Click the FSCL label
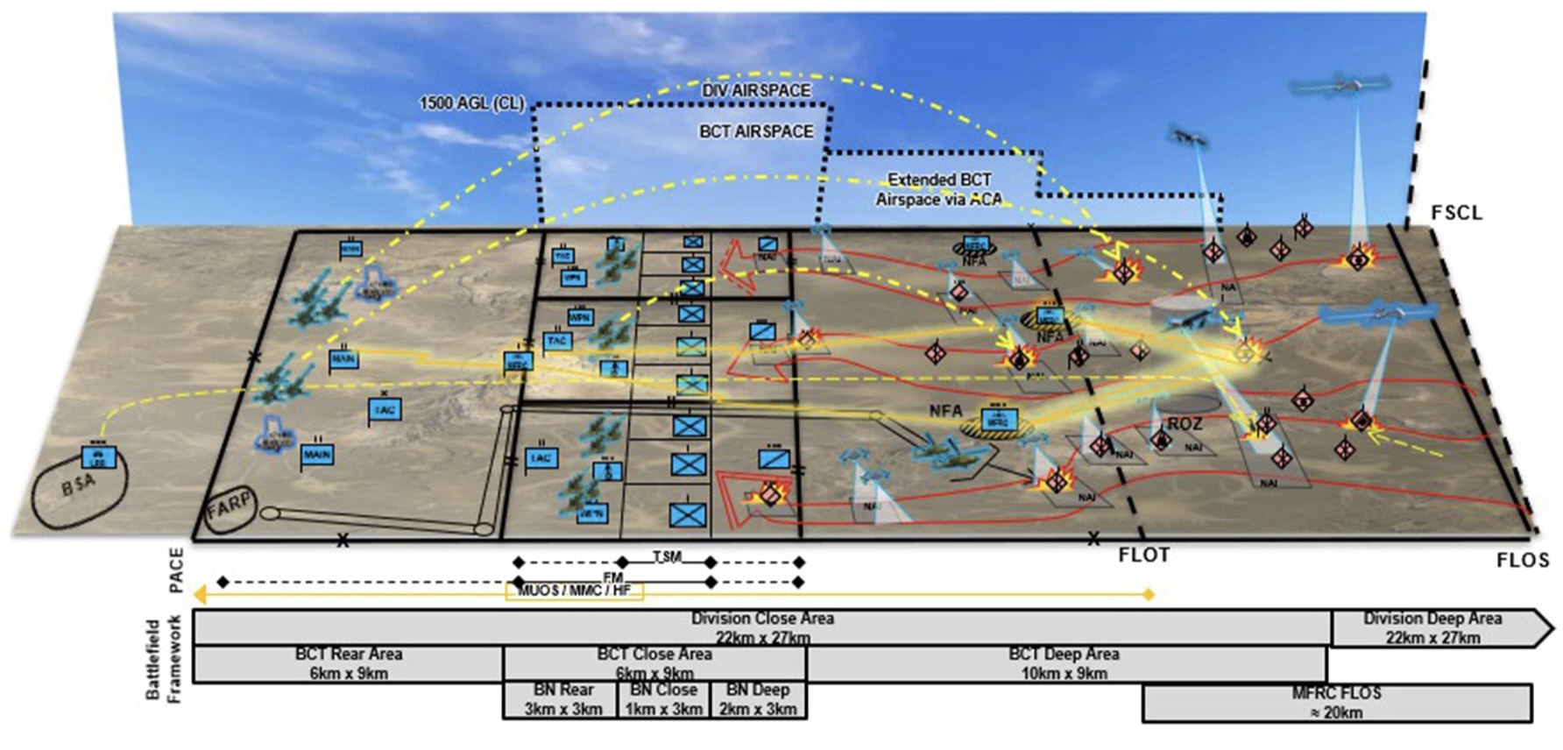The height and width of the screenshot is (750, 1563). click(1456, 213)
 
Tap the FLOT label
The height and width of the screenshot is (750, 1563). click(1143, 555)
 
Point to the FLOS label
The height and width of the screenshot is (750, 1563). click(1523, 560)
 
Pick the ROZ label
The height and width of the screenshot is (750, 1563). click(1185, 424)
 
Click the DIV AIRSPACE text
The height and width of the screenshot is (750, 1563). click(756, 90)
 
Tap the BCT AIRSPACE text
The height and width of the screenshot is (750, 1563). click(756, 131)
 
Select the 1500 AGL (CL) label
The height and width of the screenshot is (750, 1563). click(471, 103)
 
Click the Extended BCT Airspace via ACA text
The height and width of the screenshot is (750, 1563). click(939, 189)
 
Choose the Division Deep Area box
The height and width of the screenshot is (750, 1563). click(1432, 628)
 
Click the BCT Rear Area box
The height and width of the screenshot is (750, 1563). click(348, 664)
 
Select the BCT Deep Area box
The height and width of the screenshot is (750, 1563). click(1064, 664)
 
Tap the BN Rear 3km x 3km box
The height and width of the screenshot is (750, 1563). click(562, 700)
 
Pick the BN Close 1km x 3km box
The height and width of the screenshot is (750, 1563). click(663, 700)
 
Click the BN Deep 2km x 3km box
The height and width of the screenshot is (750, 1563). click(758, 700)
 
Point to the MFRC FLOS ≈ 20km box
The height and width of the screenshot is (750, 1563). click(1336, 703)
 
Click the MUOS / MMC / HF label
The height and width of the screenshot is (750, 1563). click(574, 591)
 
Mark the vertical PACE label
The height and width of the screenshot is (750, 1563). click(177, 570)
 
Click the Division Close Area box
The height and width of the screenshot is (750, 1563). click(761, 627)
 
